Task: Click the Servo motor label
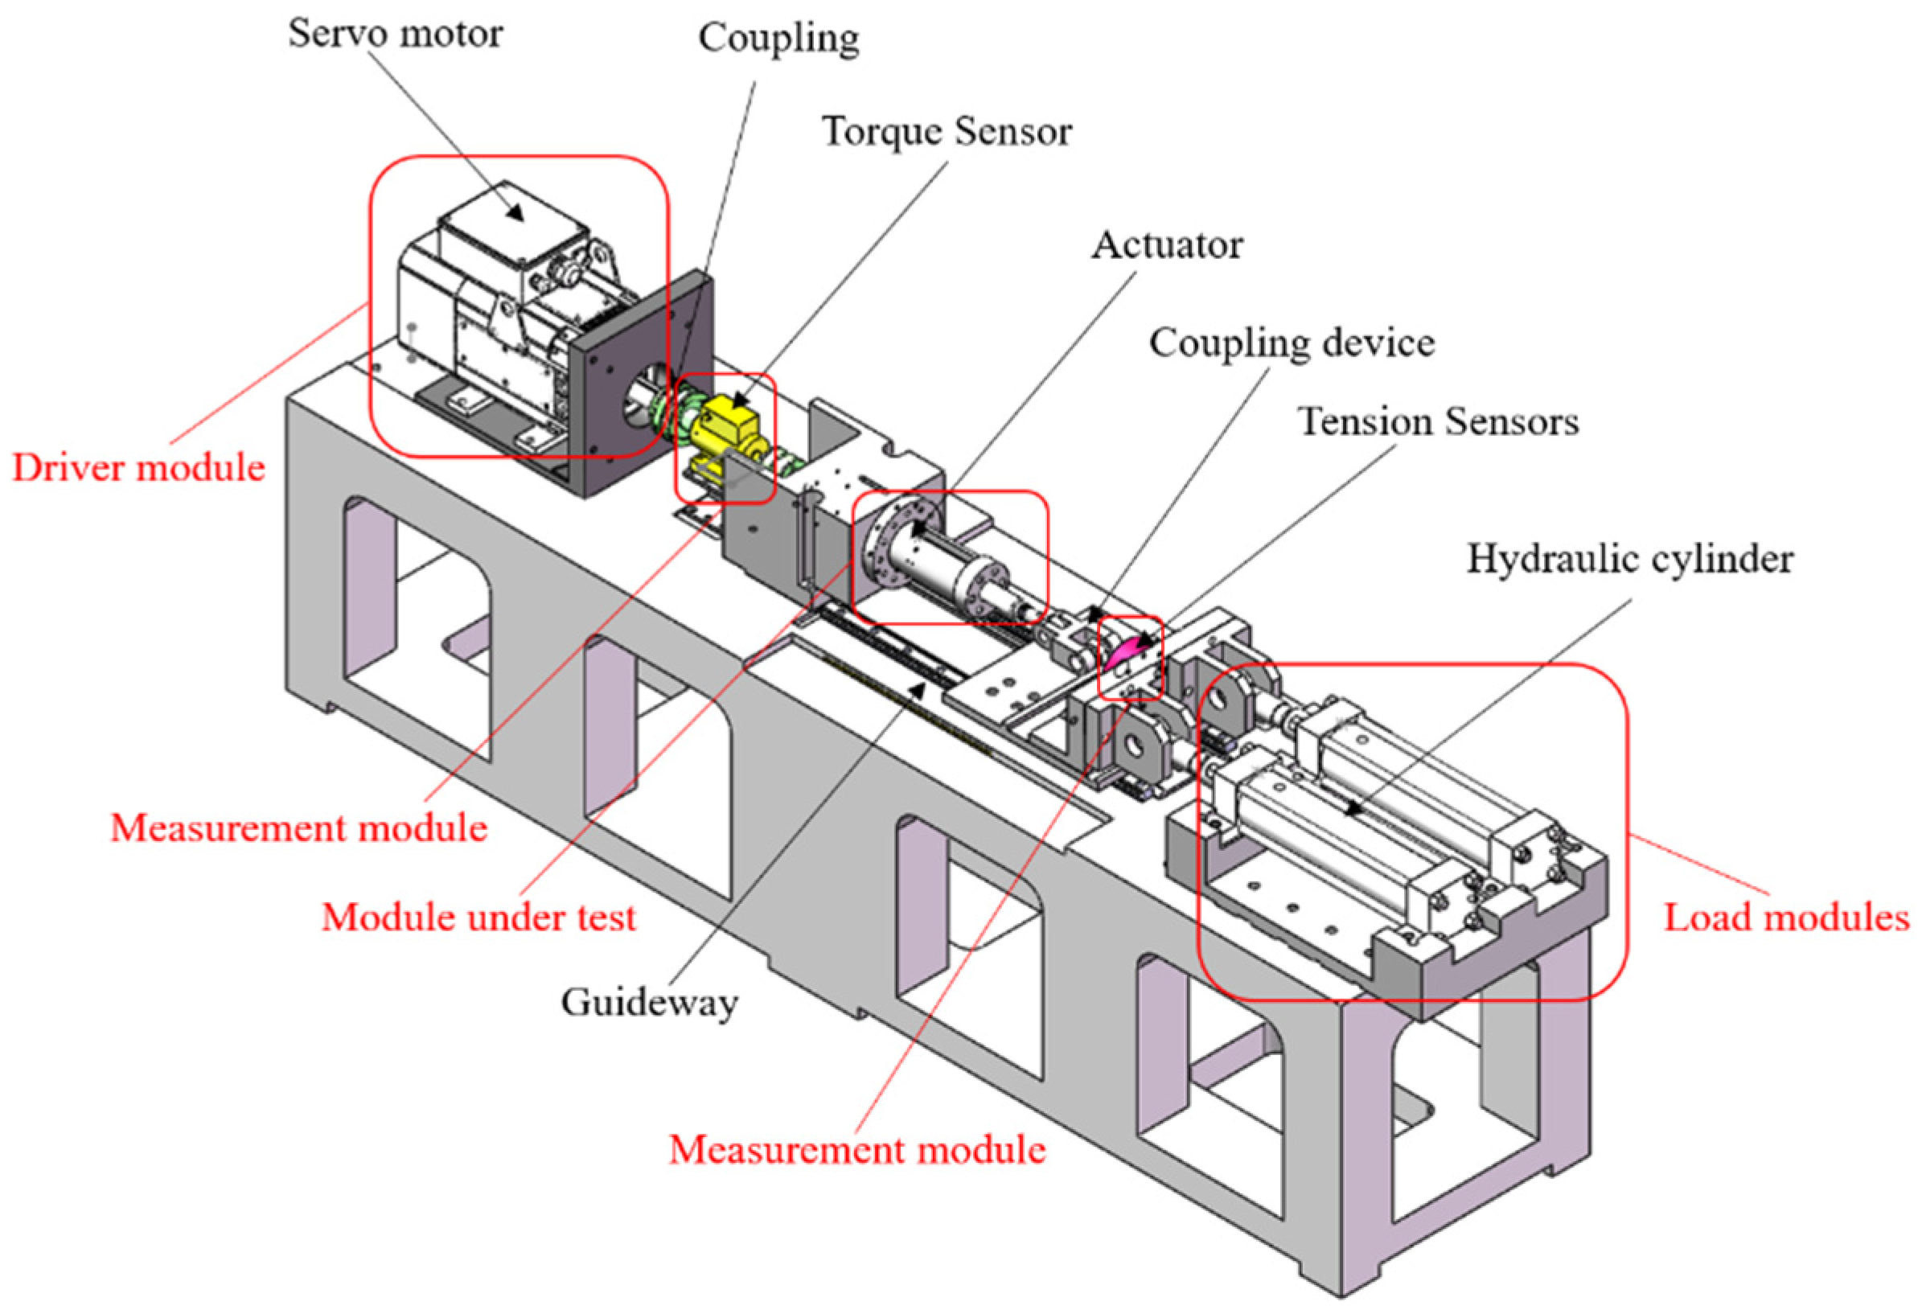[x=395, y=34]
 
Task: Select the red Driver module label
[x=138, y=468]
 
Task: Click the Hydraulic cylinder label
[x=1629, y=560]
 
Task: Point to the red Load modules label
[x=1786, y=918]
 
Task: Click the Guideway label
[x=649, y=1003]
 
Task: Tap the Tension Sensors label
[x=1437, y=421]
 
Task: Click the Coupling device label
[x=1291, y=343]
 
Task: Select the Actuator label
[x=1167, y=245]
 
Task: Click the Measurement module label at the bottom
[x=856, y=1150]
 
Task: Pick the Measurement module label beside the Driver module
[x=298, y=827]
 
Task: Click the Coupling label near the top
[x=778, y=39]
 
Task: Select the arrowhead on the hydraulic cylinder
[x=1351, y=810]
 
